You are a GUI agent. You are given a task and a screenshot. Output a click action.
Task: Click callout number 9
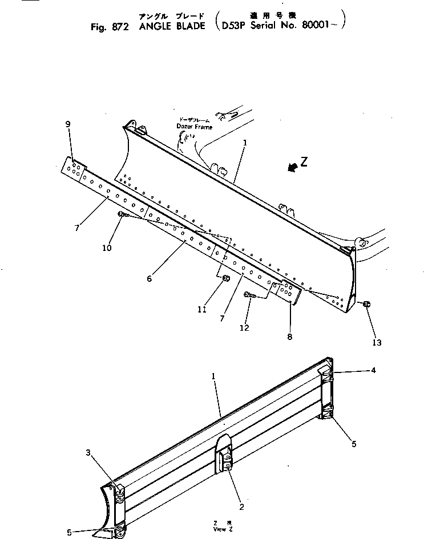pos(68,124)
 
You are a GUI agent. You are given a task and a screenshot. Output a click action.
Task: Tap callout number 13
pos(377,342)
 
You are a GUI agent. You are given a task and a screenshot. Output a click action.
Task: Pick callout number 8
pos(290,337)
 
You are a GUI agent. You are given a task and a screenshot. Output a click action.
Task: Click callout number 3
pos(88,452)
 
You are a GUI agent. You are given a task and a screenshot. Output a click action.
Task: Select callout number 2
pos(242,506)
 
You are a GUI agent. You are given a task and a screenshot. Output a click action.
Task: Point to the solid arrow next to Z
pos(292,168)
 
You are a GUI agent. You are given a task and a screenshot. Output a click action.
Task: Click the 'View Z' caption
pos(220,529)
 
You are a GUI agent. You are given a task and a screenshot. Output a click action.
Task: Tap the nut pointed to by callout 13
pos(366,305)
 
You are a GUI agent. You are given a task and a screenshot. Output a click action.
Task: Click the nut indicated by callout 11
pos(225,278)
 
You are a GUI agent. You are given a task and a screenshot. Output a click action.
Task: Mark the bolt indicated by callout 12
pos(249,295)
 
